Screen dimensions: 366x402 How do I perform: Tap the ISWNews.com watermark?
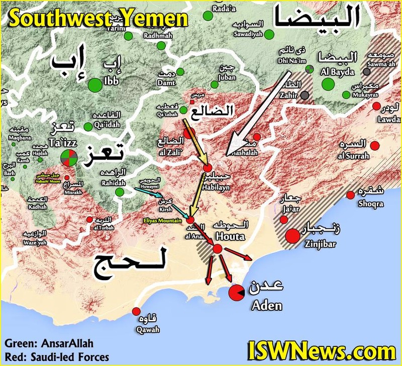pyautogui.click(x=322, y=350)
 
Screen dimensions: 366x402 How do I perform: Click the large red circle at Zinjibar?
pyautogui.click(x=292, y=235)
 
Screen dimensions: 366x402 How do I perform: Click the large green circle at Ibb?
pyautogui.click(x=94, y=85)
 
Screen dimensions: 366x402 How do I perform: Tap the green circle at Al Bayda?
pyautogui.click(x=328, y=84)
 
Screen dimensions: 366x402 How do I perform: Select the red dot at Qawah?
pyautogui.click(x=136, y=311)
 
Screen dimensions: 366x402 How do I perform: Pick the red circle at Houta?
pyautogui.click(x=217, y=249)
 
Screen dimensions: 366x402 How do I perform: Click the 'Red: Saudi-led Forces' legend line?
pyautogui.click(x=57, y=357)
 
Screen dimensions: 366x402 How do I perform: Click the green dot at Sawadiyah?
pyautogui.click(x=269, y=34)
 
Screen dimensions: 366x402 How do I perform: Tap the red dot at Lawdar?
pyautogui.click(x=376, y=106)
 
